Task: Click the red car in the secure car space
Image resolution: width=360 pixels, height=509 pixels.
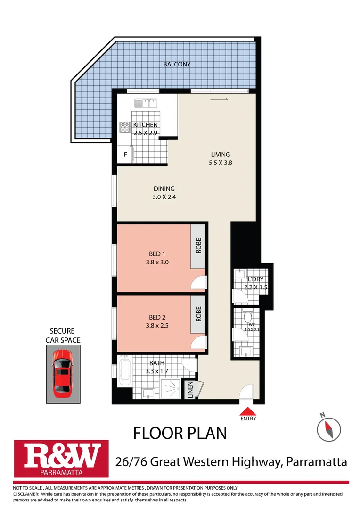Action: click(62, 373)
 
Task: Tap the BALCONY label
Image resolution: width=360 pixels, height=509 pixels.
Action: click(177, 64)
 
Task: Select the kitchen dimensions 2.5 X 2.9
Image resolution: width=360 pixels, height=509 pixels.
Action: click(145, 133)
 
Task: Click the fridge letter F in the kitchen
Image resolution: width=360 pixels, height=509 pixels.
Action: click(125, 155)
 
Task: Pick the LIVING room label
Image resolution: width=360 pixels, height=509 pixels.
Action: click(221, 155)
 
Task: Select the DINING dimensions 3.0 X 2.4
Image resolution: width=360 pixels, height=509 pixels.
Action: click(164, 197)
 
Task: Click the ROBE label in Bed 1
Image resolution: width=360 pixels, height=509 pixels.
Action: click(198, 246)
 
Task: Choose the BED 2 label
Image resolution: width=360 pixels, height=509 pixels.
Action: click(157, 317)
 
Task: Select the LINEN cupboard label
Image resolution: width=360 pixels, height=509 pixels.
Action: click(190, 391)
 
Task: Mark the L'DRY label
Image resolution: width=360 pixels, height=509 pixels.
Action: click(254, 279)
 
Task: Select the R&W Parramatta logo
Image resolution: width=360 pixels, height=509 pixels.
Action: click(61, 458)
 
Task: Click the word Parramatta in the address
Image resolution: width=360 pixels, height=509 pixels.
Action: click(316, 461)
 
